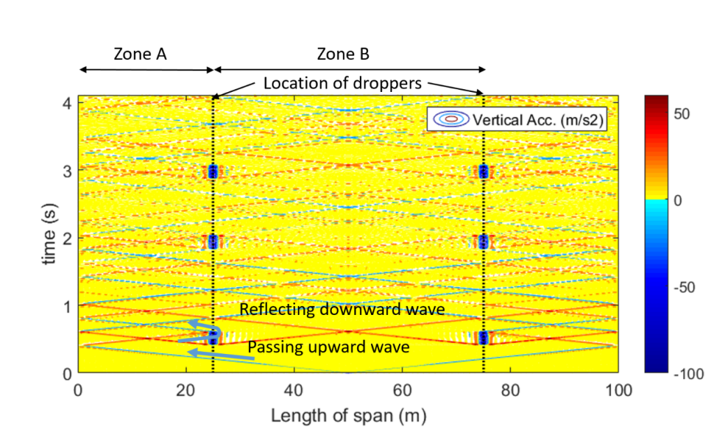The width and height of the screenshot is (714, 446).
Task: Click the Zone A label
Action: pyautogui.click(x=139, y=54)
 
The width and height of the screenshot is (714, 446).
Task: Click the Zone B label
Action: pyautogui.click(x=343, y=54)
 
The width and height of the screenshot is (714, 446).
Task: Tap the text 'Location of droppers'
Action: pyautogui.click(x=342, y=84)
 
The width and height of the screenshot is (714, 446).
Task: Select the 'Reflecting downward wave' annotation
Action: pyautogui.click(x=342, y=309)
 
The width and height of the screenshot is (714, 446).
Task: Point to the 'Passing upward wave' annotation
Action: pyautogui.click(x=328, y=347)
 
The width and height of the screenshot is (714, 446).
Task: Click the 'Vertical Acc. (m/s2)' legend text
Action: pyautogui.click(x=538, y=120)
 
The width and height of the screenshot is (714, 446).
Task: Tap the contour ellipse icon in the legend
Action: pyautogui.click(x=451, y=119)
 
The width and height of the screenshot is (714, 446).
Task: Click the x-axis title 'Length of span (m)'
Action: pyautogui.click(x=349, y=415)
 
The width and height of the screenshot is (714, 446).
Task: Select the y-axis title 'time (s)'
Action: pyautogui.click(x=50, y=234)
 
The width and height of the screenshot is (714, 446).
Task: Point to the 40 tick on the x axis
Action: pyautogui.click(x=294, y=390)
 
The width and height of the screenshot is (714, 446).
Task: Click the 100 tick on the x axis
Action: pyautogui.click(x=618, y=390)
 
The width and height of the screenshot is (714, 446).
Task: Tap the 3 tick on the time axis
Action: pyautogui.click(x=68, y=171)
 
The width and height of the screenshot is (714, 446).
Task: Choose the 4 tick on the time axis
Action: pyautogui.click(x=68, y=104)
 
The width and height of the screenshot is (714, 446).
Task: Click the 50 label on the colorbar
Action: pyautogui.click(x=682, y=114)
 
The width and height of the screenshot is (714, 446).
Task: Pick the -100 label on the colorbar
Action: pyautogui.click(x=688, y=374)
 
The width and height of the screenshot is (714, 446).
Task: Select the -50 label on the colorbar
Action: pyautogui.click(x=685, y=288)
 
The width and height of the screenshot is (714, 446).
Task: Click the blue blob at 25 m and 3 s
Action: pyautogui.click(x=213, y=171)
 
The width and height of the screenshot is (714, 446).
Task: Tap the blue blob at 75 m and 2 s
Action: pyautogui.click(x=483, y=241)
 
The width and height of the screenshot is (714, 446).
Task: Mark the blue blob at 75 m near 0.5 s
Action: pyautogui.click(x=483, y=338)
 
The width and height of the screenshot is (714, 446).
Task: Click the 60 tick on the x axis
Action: pyautogui.click(x=402, y=390)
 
